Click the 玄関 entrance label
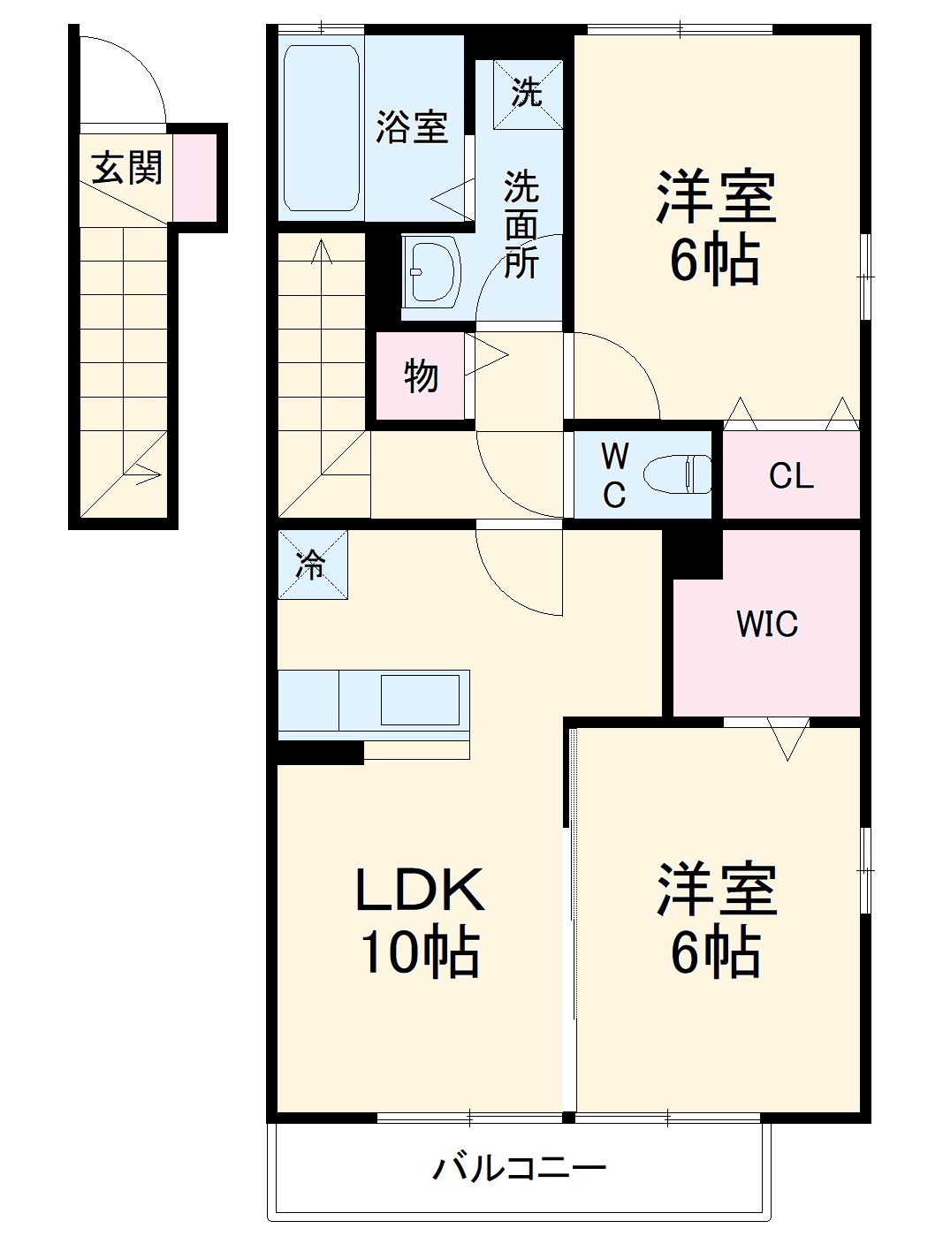[127, 167]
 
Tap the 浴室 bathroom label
[411, 126]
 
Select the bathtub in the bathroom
[321, 128]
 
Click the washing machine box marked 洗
[527, 93]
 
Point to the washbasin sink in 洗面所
[433, 269]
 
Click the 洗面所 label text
[521, 224]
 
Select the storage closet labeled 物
[421, 376]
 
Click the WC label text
[614, 475]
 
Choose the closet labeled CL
[791, 475]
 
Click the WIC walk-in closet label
[766, 624]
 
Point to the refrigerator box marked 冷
[312, 565]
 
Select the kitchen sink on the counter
[420, 700]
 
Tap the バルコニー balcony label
[520, 1169]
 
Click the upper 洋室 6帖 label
[715, 228]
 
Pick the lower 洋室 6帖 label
[715, 921]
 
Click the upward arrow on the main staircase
[322, 256]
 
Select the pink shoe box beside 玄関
[194, 177]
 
